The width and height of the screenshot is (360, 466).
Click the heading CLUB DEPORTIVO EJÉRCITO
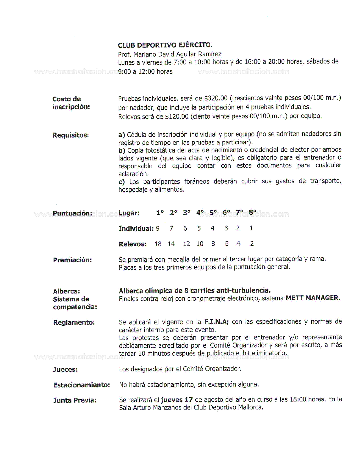pyautogui.click(x=165, y=45)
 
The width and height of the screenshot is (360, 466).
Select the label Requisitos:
pyautogui.click(x=71, y=135)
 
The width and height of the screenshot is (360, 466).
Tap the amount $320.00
pyautogui.click(x=216, y=98)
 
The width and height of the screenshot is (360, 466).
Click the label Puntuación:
pyautogui.click(x=72, y=213)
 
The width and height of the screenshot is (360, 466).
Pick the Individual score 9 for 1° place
pyautogui.click(x=158, y=228)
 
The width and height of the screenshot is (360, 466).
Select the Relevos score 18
pyautogui.click(x=158, y=244)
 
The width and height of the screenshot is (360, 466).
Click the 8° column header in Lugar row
pyautogui.click(x=252, y=212)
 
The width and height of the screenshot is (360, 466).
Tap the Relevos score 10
pyautogui.click(x=200, y=244)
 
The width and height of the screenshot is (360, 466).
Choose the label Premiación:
pyautogui.click(x=72, y=260)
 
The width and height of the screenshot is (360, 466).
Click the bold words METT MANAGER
pyautogui.click(x=313, y=298)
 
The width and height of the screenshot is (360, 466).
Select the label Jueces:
pyautogui.click(x=65, y=369)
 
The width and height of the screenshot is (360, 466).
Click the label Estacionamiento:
pyautogui.click(x=81, y=385)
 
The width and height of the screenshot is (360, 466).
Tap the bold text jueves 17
pyautogui.click(x=177, y=400)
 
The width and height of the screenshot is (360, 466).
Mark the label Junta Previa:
pyautogui.click(x=75, y=400)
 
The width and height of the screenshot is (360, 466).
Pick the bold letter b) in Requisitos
pyautogui.click(x=122, y=150)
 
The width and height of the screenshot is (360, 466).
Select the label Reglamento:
pyautogui.click(x=74, y=323)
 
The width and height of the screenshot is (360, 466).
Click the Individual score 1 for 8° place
pyautogui.click(x=251, y=228)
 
